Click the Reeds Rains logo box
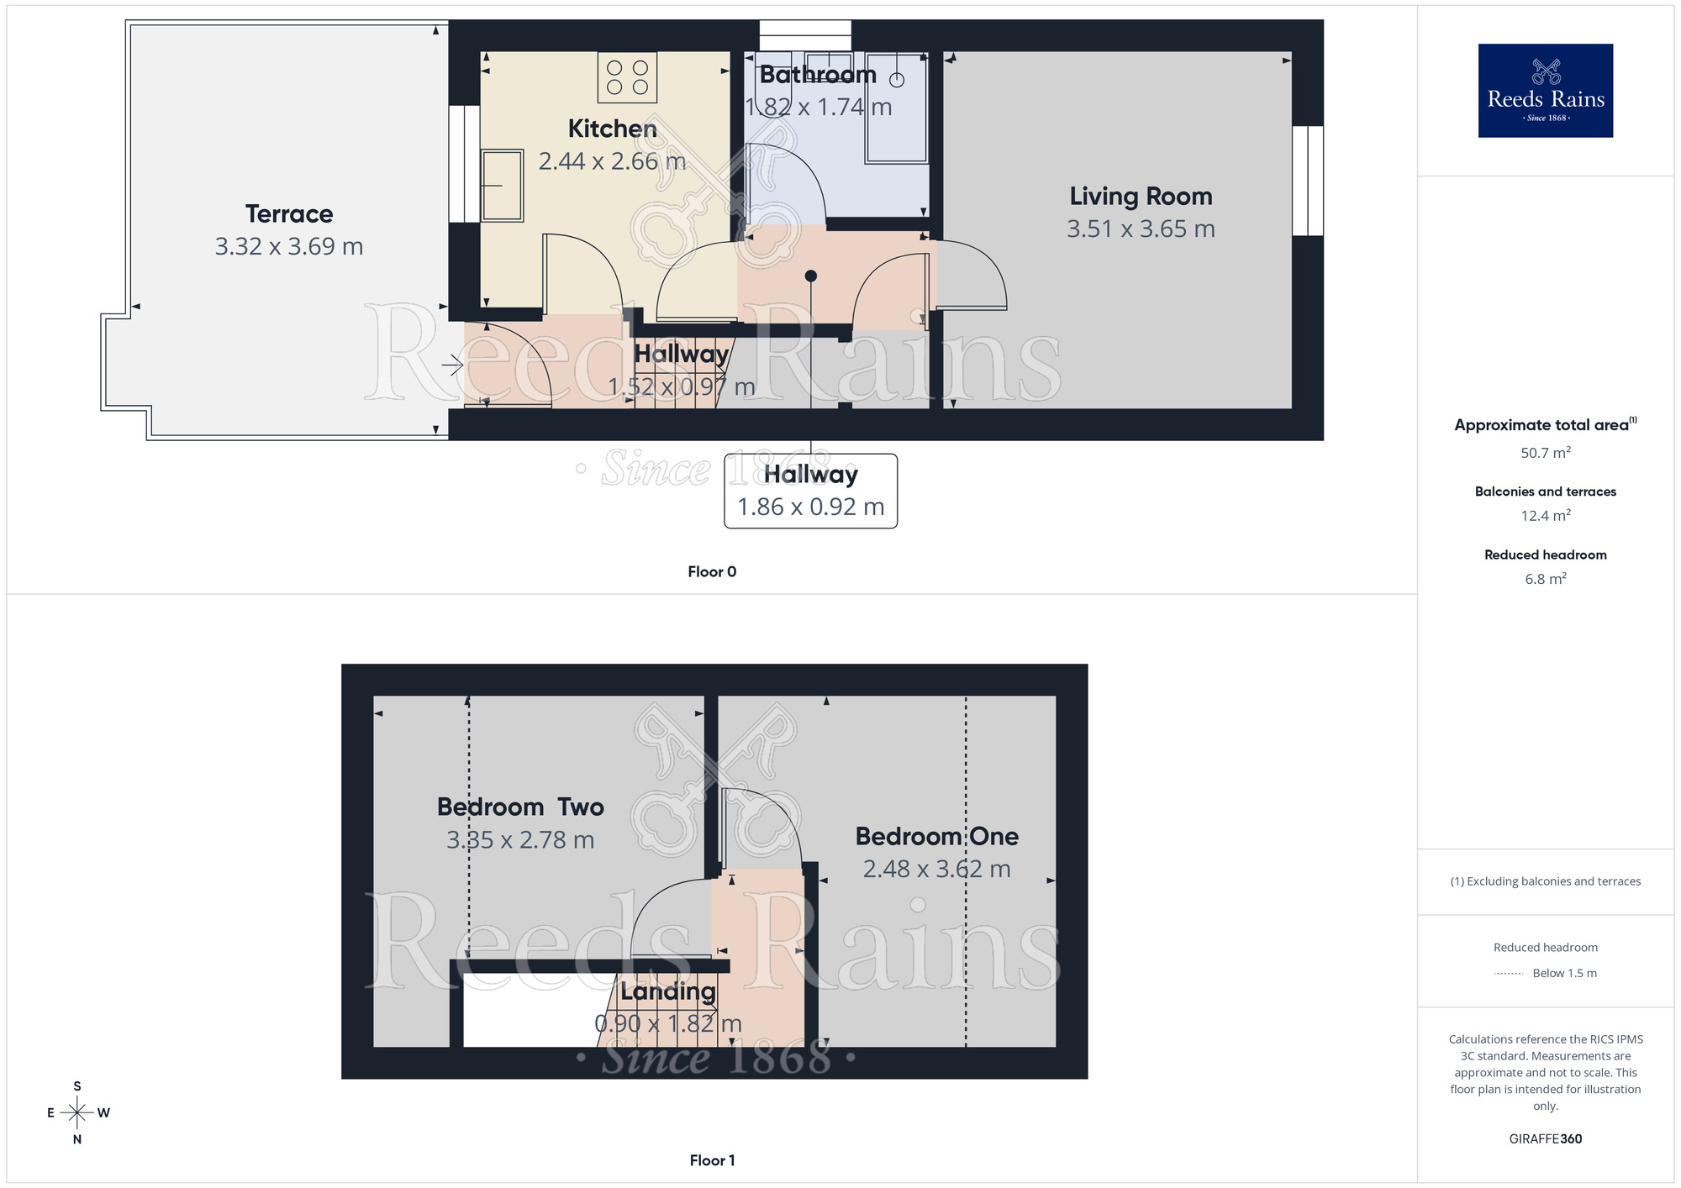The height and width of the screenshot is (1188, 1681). click(1545, 91)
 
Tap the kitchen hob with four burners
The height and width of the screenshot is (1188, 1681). click(627, 77)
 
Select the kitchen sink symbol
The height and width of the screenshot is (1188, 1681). click(502, 185)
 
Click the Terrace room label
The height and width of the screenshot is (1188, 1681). click(289, 214)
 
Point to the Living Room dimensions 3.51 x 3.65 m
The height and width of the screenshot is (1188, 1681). click(1141, 229)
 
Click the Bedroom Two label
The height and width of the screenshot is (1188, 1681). click(520, 807)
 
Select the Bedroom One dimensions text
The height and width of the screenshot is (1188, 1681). click(936, 869)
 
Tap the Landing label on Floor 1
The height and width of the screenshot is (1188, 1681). click(668, 991)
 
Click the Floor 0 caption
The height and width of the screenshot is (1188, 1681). click(712, 572)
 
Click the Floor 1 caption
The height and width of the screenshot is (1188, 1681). click(712, 1160)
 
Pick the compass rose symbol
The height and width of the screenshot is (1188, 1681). click(77, 1113)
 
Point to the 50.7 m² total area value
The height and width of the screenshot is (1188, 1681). click(1545, 453)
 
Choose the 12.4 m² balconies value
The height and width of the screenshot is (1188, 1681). click(1545, 516)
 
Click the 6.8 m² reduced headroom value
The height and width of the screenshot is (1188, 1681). click(1545, 579)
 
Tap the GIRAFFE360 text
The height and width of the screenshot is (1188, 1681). click(1545, 1139)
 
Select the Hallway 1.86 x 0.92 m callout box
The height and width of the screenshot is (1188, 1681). click(810, 491)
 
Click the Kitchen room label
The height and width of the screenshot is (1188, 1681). click(612, 129)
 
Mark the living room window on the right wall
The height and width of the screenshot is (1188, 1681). click(1308, 181)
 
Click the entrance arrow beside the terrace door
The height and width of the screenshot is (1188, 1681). click(453, 365)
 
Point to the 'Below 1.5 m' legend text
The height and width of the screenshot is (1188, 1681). click(1564, 974)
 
